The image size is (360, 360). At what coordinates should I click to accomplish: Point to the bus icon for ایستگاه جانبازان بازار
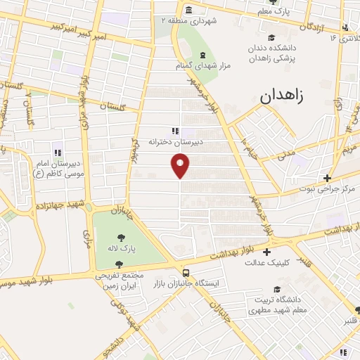click(186, 272)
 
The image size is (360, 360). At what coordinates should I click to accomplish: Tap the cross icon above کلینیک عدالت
click(266, 252)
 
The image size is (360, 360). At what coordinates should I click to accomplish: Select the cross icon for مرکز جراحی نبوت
click(326, 179)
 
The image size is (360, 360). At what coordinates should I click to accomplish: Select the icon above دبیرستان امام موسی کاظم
click(58, 153)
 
